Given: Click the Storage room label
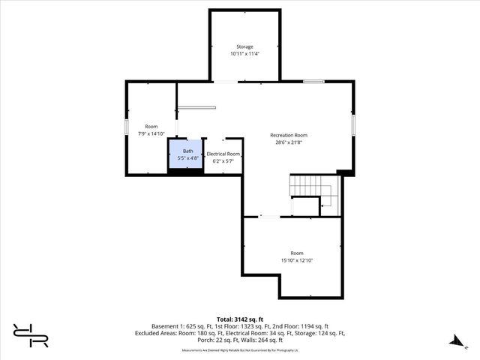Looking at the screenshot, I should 244,46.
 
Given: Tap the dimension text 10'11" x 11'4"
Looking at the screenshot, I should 244,54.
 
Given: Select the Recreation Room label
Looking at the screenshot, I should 289,135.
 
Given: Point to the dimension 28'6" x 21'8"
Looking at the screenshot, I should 289,142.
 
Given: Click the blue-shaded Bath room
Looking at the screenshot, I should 185,154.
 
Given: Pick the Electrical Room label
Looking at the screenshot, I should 223,154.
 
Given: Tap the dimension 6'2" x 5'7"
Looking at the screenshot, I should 223,160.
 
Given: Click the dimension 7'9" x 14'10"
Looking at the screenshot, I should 151,133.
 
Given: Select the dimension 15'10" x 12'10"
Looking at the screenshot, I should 297,260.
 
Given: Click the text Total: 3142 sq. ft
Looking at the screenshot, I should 240,319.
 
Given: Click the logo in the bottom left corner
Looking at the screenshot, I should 31,335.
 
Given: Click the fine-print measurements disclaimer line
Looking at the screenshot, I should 240,349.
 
